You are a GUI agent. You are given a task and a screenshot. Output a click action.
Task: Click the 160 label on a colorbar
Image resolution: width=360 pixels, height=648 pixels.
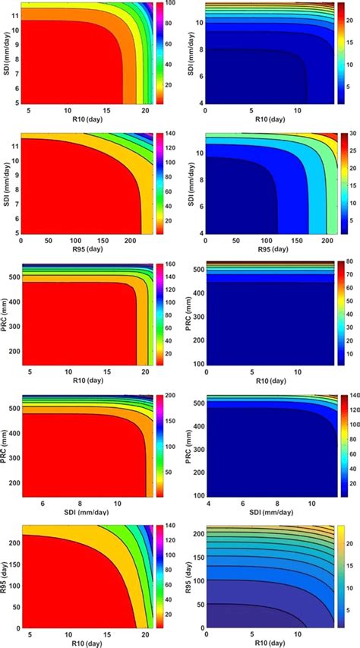point(172,266)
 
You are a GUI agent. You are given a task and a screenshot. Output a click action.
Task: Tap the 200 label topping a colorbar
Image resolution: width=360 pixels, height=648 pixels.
point(172,397)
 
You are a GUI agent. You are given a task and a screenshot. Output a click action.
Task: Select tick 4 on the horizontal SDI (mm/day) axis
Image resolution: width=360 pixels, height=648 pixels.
point(207,503)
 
